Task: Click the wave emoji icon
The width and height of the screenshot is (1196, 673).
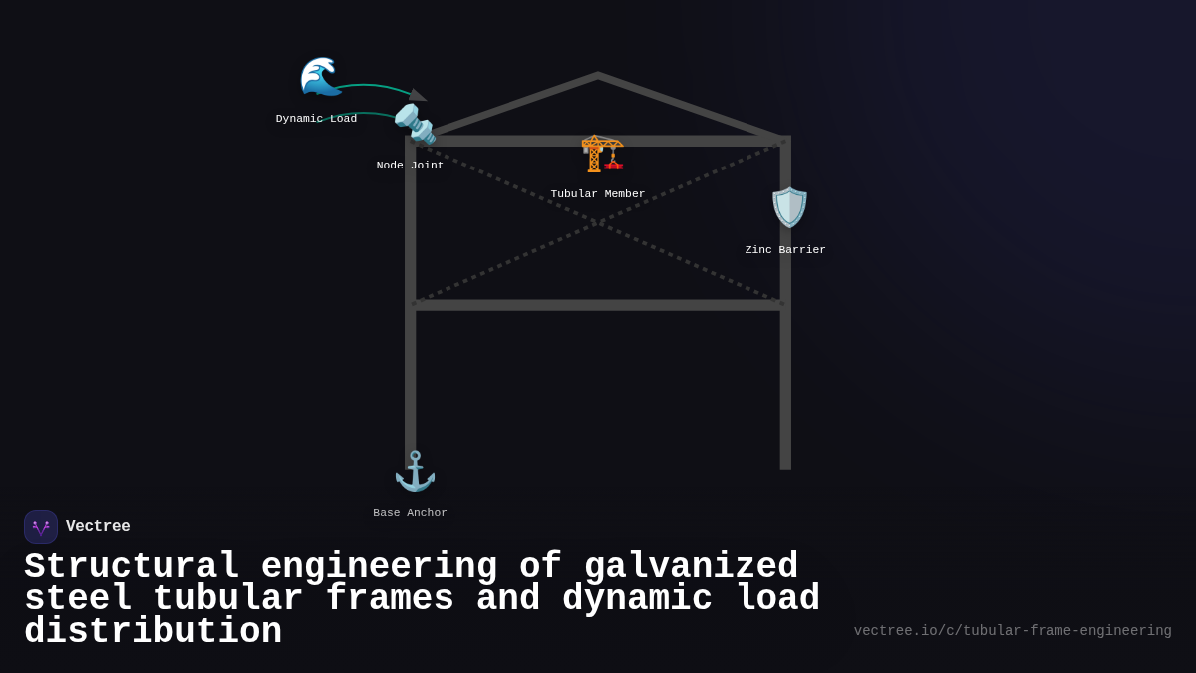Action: click(320, 77)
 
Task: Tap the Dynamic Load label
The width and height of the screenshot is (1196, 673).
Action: click(316, 119)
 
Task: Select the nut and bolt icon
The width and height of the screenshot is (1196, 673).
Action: click(414, 124)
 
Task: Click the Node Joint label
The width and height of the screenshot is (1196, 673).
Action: click(410, 166)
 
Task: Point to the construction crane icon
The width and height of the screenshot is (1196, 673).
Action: click(602, 153)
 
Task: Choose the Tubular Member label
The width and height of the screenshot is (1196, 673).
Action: click(597, 194)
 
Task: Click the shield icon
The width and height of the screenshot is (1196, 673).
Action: click(789, 207)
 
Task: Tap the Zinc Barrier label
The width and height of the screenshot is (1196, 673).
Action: click(785, 250)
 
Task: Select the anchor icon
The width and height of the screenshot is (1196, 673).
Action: click(415, 471)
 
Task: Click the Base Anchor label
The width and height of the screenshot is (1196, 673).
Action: click(410, 513)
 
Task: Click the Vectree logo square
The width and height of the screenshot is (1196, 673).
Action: click(41, 527)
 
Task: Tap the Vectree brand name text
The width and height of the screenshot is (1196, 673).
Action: click(98, 527)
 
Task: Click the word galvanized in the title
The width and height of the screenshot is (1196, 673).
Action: click(691, 567)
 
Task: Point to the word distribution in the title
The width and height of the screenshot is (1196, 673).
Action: click(152, 632)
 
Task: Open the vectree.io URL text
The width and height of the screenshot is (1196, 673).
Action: click(1012, 631)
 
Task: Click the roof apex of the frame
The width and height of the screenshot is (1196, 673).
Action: click(598, 75)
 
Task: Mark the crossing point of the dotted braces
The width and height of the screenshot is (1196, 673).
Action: click(598, 222)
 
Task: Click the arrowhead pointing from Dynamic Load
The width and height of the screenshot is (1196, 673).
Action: click(418, 95)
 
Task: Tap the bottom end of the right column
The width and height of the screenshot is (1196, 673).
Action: click(785, 466)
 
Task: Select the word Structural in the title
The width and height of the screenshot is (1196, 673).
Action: click(132, 567)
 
